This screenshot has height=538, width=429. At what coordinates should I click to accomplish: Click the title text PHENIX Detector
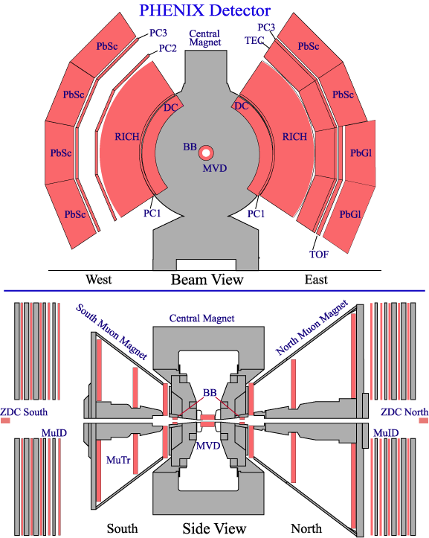[204, 10]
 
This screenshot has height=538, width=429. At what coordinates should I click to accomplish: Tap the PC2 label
[168, 48]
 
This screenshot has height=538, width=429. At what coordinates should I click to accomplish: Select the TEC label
[254, 40]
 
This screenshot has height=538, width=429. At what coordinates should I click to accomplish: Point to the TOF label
[319, 254]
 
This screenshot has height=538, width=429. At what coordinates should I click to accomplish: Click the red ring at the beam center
[206, 153]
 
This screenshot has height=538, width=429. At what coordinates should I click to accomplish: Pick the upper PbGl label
[361, 153]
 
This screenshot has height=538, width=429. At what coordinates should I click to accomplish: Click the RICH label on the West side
[127, 137]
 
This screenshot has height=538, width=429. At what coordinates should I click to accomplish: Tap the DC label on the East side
[242, 106]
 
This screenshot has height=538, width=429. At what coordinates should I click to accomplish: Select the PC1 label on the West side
[152, 213]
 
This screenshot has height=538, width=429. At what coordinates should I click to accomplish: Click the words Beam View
[207, 280]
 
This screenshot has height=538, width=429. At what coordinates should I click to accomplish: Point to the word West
[98, 279]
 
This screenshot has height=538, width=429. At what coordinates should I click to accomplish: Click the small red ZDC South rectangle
[5, 420]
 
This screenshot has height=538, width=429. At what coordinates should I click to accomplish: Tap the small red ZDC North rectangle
[424, 420]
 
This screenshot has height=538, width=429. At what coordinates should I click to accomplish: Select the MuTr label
[118, 460]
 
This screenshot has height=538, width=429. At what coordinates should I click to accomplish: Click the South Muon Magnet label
[112, 332]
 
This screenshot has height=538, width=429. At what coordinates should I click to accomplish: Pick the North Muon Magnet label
[312, 327]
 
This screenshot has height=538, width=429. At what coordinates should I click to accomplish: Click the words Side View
[214, 528]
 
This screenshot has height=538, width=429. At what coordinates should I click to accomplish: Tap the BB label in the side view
[210, 392]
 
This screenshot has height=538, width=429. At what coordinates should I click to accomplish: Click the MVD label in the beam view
[215, 168]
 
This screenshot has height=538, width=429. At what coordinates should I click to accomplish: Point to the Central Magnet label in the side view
[202, 318]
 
